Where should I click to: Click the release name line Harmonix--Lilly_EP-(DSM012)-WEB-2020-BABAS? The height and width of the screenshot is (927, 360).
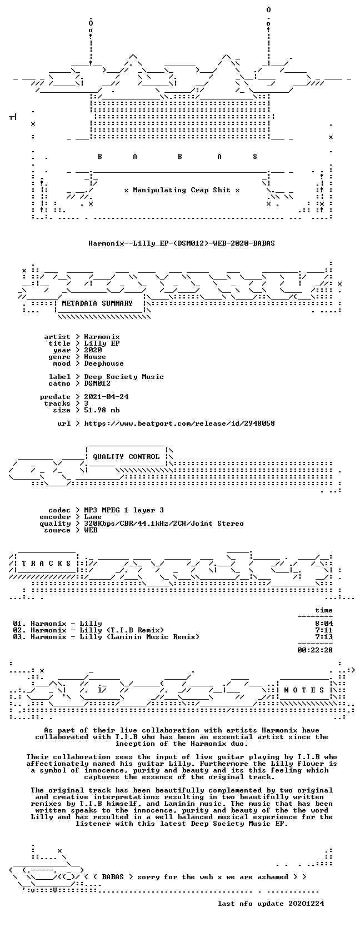coord(181,243)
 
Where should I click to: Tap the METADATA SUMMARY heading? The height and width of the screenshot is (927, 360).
coord(97,303)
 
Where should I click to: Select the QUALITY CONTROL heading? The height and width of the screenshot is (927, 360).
coord(126,457)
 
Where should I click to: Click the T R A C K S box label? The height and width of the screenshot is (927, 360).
coord(46,563)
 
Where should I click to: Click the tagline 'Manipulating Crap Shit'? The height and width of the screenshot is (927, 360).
coord(182,191)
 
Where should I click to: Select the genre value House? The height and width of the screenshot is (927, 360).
coord(95,357)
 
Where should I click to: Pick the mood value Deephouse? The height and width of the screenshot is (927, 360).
coord(104,363)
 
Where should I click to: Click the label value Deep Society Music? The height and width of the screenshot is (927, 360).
coord(124,377)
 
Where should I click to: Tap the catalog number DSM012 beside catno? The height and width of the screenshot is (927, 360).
coord(97,383)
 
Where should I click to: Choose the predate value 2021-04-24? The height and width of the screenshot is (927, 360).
coord(106,396)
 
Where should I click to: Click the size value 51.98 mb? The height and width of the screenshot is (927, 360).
coord(102,410)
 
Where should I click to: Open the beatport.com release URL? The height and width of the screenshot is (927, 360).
coord(179,423)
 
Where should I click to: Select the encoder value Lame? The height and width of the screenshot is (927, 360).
coord(93,517)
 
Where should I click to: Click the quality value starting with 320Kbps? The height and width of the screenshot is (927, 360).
coord(164,524)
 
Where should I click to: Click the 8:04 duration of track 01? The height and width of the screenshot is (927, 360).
coord(323,624)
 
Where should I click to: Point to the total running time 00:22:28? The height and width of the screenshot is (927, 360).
coord(315,650)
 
